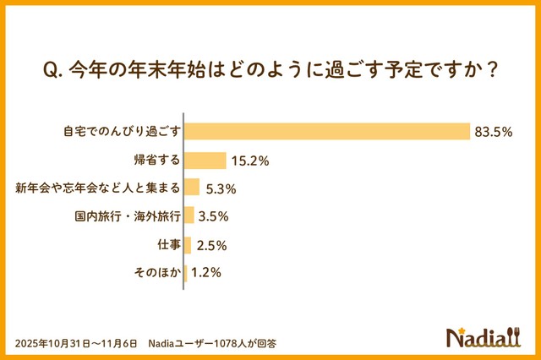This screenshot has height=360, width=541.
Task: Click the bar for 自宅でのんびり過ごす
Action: point(327,131)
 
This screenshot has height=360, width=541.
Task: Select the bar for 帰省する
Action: point(205,161)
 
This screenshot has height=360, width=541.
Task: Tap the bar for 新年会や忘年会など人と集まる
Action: point(192,188)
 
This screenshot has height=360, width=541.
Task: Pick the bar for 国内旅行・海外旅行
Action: point(189,215)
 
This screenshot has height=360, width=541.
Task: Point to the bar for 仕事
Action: point(188,245)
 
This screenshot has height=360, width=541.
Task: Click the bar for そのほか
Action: point(186,273)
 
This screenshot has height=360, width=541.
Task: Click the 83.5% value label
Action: point(497,132)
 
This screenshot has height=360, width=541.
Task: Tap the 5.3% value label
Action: point(221,188)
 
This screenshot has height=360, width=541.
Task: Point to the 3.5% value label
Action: point(214,216)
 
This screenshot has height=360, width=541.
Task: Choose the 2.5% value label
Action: point(210,245)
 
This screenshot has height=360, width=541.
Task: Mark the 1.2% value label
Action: point(206,273)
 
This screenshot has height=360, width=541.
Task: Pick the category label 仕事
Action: point(167,245)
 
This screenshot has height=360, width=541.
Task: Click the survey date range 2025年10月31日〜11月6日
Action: point(75,343)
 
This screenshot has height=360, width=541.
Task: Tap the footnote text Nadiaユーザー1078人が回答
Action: point(212,343)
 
